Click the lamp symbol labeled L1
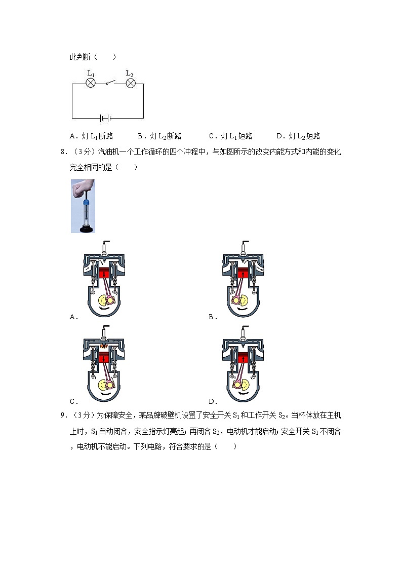pos(91,83)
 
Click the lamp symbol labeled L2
pos(130,83)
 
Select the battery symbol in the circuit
pos(105,118)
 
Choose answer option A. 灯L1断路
pos(92,136)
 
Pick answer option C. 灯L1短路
pos(230,136)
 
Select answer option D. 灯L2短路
pos(298,136)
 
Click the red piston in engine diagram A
pos(104,274)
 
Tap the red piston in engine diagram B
pos(243,274)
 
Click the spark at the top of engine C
pos(104,346)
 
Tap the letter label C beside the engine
pos(73,402)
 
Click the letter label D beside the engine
pos(212,402)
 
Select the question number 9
pos(62,415)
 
